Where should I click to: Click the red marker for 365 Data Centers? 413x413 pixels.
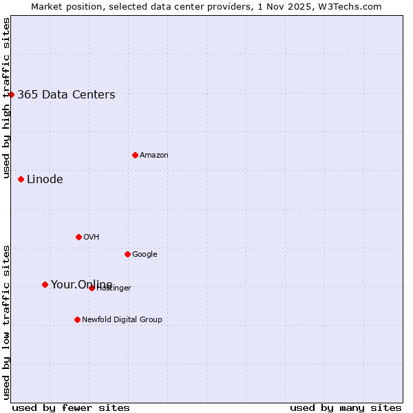pos(11,94)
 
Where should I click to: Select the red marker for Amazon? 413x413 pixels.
pos(135,155)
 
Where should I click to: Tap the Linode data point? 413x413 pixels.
pos(21,179)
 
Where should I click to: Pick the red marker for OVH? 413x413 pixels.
pos(78,237)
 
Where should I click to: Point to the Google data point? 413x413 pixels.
pos(127,254)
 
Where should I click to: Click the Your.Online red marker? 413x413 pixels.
pos(45,284)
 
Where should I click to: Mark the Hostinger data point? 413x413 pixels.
pos(92,288)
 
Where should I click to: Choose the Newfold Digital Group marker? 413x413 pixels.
pos(77,319)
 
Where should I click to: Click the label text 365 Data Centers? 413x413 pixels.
pos(66,95)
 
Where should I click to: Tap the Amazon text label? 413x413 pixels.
pos(153,156)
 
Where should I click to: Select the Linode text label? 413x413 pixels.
pos(45,180)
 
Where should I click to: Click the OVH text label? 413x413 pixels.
pos(91,237)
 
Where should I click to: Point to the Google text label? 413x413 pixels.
pos(145,255)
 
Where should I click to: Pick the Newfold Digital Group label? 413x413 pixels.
pos(122,320)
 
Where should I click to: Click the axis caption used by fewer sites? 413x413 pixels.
pos(71,408)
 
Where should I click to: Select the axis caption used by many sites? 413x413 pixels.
pos(346,408)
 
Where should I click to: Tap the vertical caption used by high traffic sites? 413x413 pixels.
pos(6,98)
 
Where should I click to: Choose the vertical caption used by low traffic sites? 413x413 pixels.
pos(6,322)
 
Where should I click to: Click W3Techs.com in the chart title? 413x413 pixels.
pos(351,6)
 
